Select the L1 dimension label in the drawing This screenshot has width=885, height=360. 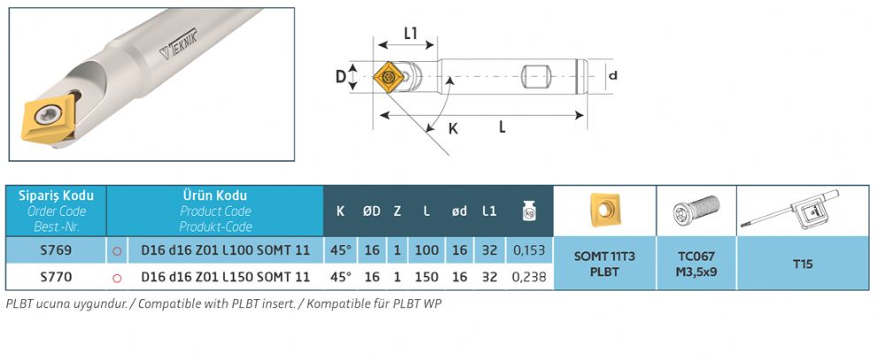411,34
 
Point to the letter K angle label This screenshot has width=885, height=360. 452,128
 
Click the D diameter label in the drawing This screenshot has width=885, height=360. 341,76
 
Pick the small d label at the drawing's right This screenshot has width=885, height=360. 613,74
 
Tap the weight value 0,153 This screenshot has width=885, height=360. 529,250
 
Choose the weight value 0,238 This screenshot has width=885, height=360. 529,277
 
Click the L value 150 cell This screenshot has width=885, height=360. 427,277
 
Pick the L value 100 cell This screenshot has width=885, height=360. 427,250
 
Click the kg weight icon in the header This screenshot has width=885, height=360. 529,211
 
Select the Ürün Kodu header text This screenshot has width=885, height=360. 215,195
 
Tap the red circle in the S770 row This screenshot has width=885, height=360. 117,278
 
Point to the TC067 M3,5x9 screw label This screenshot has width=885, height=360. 696,264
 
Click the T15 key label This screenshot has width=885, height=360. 803,264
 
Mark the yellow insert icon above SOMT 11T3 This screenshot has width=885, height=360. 604,210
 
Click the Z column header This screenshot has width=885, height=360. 397,211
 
